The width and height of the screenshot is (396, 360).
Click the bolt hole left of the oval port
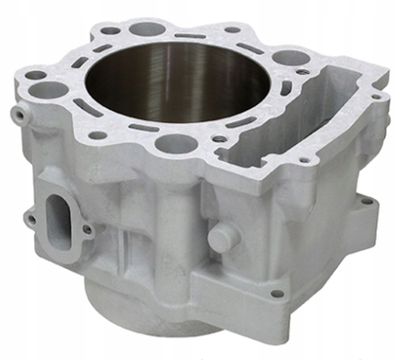coord(31,220)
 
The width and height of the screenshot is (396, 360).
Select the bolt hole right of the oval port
coord(87,229)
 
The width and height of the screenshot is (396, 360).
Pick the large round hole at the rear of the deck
coord(147,29)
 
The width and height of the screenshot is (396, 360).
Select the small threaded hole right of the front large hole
coord(219,139)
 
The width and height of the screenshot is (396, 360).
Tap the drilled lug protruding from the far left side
coord(19,115)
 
